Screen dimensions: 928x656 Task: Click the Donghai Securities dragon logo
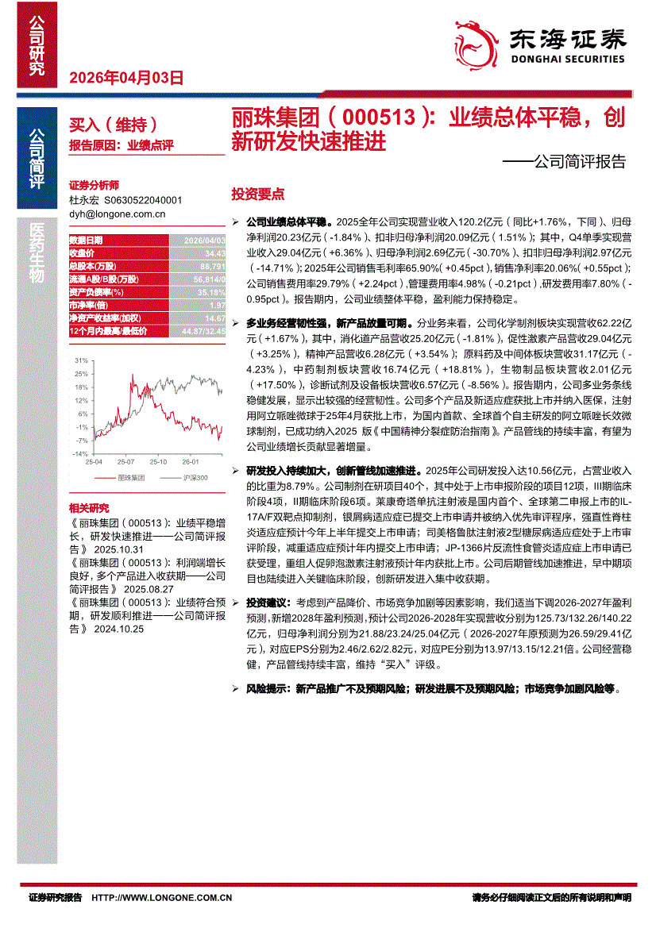click(475, 40)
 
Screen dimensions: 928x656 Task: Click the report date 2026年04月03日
click(127, 78)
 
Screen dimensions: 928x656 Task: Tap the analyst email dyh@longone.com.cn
click(117, 214)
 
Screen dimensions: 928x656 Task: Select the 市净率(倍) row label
click(87, 305)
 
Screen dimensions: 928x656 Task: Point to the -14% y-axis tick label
click(80, 453)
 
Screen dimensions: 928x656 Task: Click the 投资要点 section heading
click(257, 194)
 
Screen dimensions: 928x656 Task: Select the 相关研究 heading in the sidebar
click(89, 507)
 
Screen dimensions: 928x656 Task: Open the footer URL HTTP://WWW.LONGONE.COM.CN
click(162, 898)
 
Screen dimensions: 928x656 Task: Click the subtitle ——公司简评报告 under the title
click(564, 163)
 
